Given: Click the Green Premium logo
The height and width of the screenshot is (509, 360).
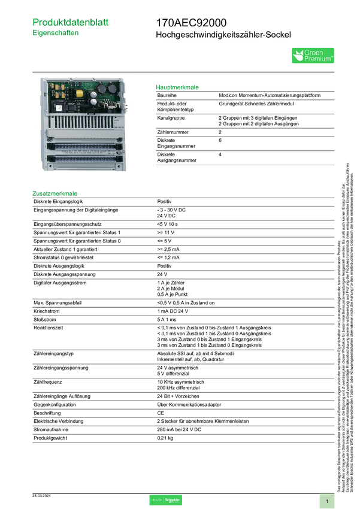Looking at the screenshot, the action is tap(313, 55).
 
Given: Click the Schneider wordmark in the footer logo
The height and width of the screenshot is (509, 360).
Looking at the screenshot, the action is tap(173, 500).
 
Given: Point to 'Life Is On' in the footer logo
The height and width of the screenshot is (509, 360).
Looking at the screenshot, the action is tap(157, 500).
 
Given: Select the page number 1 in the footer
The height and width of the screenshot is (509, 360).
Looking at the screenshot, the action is tap(327, 501).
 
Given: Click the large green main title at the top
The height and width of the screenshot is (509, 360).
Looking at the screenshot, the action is tap(71, 22).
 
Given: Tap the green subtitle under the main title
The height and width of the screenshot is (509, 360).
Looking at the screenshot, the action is tap(56, 34).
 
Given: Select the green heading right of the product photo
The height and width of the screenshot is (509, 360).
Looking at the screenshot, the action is tap(177, 87).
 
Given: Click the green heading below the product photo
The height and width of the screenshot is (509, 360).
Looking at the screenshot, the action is tap(55, 193).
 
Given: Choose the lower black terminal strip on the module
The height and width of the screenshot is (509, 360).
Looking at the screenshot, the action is tap(84, 159).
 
